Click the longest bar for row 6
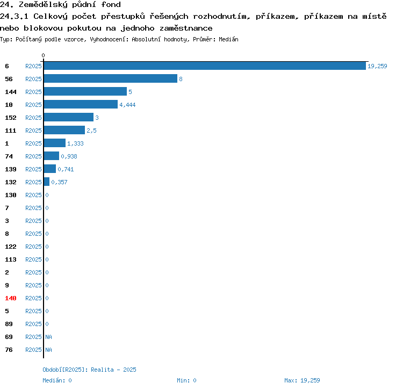tap(205, 66)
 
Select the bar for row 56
tap(111, 78)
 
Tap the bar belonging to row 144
tap(85, 91)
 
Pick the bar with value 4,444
tap(81, 104)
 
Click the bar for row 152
tap(69, 117)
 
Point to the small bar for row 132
tap(47, 182)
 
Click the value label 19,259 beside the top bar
tap(377, 66)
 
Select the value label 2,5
tap(91, 131)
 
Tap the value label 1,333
tap(75, 143)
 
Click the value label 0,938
tap(69, 156)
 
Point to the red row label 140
tap(11, 298)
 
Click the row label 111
tap(11, 131)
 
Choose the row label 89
tap(9, 324)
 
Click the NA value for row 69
tap(48, 337)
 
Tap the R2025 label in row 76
tap(33, 350)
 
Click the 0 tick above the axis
tap(43, 55)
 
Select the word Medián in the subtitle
tap(228, 39)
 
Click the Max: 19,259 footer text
tap(302, 380)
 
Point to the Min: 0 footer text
tap(186, 380)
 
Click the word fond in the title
tap(111, 4)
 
